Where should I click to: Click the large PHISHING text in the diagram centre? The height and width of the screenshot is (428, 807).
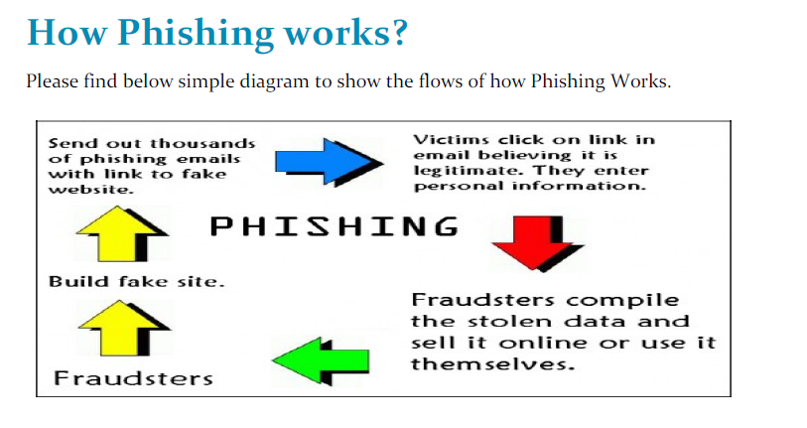336,226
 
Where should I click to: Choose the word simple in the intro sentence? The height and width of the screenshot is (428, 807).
205,80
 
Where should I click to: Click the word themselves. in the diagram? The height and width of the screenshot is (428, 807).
492,364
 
